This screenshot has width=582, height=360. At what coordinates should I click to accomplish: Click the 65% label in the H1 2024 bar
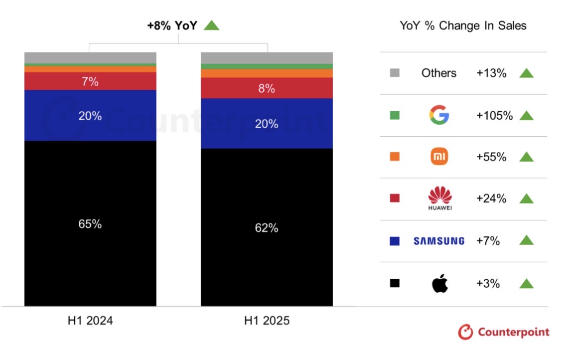90,224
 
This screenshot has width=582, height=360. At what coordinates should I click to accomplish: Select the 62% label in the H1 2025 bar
267,228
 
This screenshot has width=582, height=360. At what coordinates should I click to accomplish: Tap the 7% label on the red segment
90,81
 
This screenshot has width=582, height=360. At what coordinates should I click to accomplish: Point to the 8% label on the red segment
267,88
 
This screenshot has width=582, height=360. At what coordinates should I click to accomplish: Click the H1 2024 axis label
90,320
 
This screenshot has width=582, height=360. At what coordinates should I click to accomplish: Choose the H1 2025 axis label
267,320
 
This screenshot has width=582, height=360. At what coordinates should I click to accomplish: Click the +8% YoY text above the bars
172,26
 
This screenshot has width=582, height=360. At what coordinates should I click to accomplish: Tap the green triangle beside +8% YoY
212,25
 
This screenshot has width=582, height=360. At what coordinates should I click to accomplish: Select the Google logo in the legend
439,115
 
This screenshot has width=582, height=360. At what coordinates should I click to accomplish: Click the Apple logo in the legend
439,283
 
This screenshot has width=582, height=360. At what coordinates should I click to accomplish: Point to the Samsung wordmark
439,241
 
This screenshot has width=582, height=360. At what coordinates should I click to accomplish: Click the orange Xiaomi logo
439,157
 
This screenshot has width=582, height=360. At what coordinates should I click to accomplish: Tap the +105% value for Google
494,115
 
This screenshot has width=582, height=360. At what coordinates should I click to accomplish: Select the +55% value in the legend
491,157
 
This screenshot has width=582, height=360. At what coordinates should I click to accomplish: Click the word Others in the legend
439,73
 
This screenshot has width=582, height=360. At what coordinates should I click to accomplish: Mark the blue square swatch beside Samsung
395,241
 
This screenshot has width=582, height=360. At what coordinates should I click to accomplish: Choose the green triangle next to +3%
526,283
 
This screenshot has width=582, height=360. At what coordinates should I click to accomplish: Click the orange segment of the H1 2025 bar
267,73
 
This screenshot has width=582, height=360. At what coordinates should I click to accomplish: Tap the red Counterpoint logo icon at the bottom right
465,332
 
